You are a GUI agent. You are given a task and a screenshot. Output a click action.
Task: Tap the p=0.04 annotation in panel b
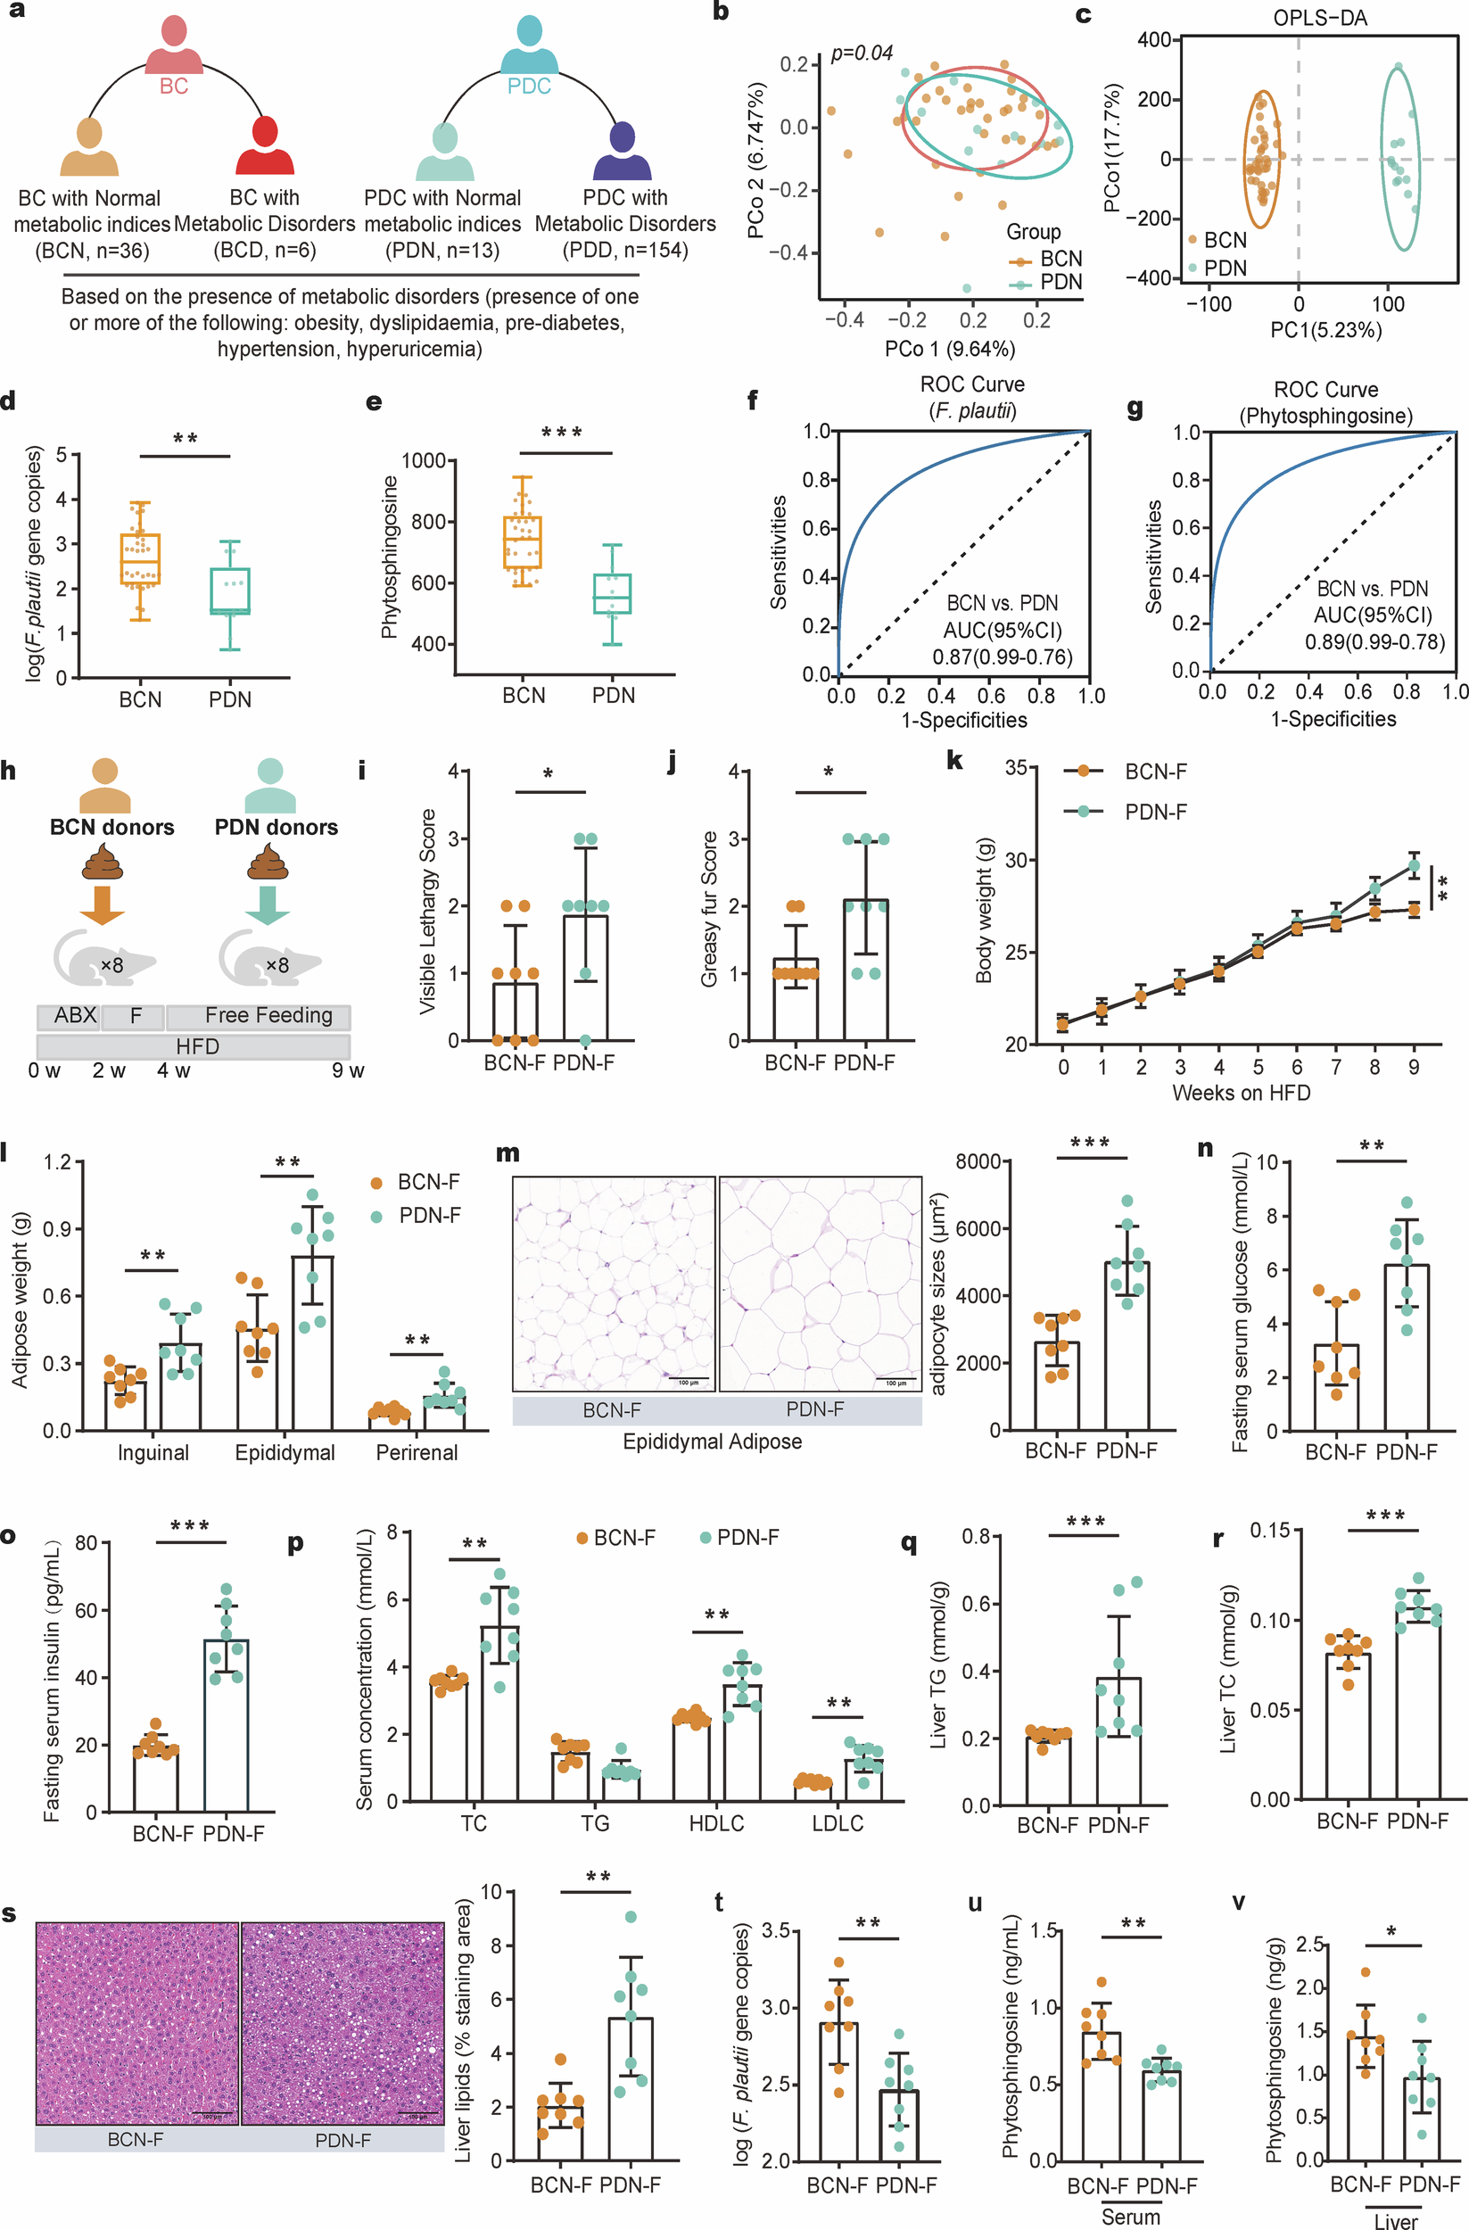click(x=862, y=54)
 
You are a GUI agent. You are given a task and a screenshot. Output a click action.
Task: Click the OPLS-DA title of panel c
click(x=1319, y=18)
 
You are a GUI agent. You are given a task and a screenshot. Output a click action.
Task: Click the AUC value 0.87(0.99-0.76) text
click(x=1002, y=657)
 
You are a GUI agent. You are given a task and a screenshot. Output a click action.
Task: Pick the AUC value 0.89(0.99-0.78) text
click(x=1374, y=642)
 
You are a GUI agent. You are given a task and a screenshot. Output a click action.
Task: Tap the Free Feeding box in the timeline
click(x=268, y=1016)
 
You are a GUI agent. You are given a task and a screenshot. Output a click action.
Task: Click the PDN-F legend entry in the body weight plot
click(x=1155, y=812)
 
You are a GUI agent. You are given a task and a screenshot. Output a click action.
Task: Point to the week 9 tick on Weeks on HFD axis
click(x=1414, y=1067)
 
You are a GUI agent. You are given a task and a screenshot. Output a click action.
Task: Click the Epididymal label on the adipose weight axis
click(x=285, y=1452)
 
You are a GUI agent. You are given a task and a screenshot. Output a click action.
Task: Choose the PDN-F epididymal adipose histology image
click(x=820, y=1284)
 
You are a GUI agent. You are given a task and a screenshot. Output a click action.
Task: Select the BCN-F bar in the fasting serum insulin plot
click(x=156, y=1779)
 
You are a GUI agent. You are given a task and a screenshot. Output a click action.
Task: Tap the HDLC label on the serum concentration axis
click(x=717, y=1822)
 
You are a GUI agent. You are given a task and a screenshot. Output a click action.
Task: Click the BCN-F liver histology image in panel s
click(x=136, y=2023)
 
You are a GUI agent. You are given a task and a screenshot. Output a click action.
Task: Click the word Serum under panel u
click(x=1130, y=2217)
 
